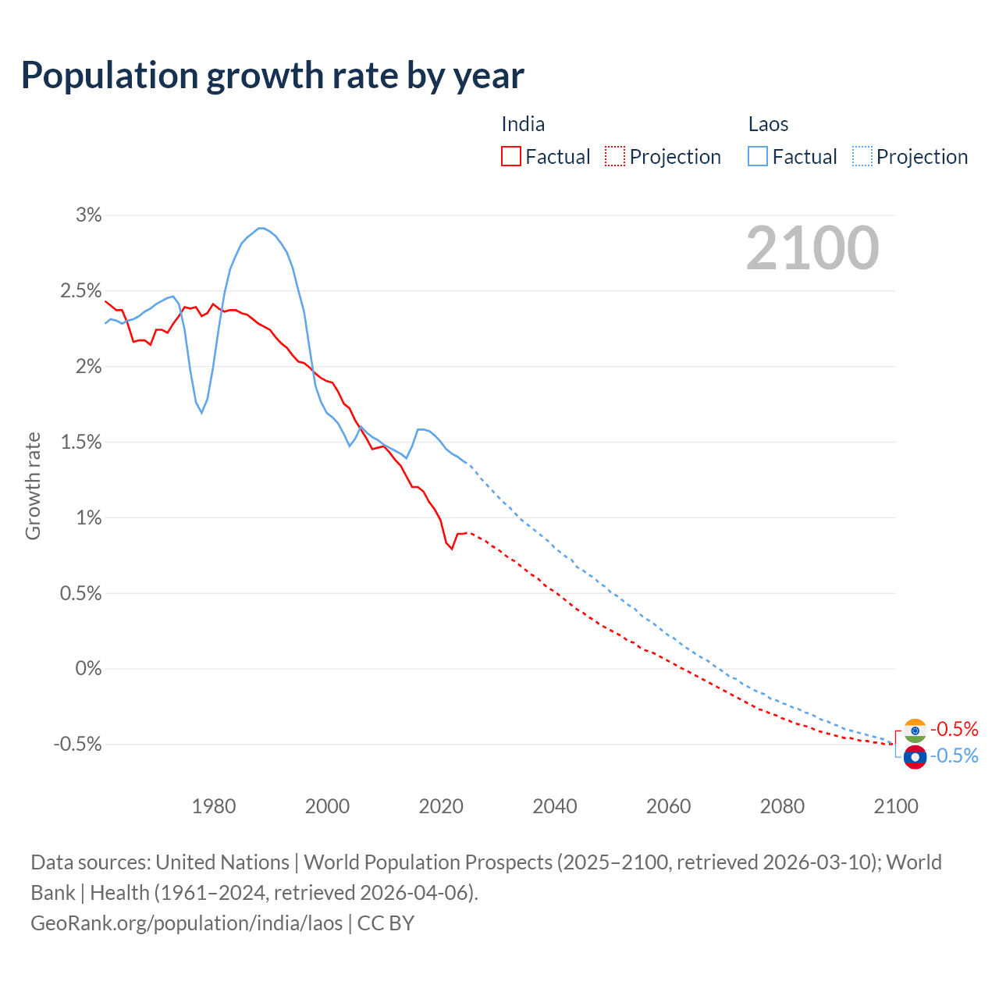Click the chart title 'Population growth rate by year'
point(272,76)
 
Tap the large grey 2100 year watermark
point(812,248)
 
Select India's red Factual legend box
point(511,157)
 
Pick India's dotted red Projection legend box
point(615,157)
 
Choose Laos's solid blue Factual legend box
point(758,157)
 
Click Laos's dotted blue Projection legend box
point(862,157)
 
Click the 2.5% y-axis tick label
point(81,291)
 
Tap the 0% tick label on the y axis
point(88,669)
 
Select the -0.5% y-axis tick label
point(77,745)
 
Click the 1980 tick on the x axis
point(214,806)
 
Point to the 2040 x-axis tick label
point(555,806)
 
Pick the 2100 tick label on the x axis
point(895,806)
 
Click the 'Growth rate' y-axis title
point(33,485)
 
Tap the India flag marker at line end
point(915,730)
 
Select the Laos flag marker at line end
point(915,757)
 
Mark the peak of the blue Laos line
point(261,228)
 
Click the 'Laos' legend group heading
point(768,124)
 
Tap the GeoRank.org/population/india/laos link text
point(187,923)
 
